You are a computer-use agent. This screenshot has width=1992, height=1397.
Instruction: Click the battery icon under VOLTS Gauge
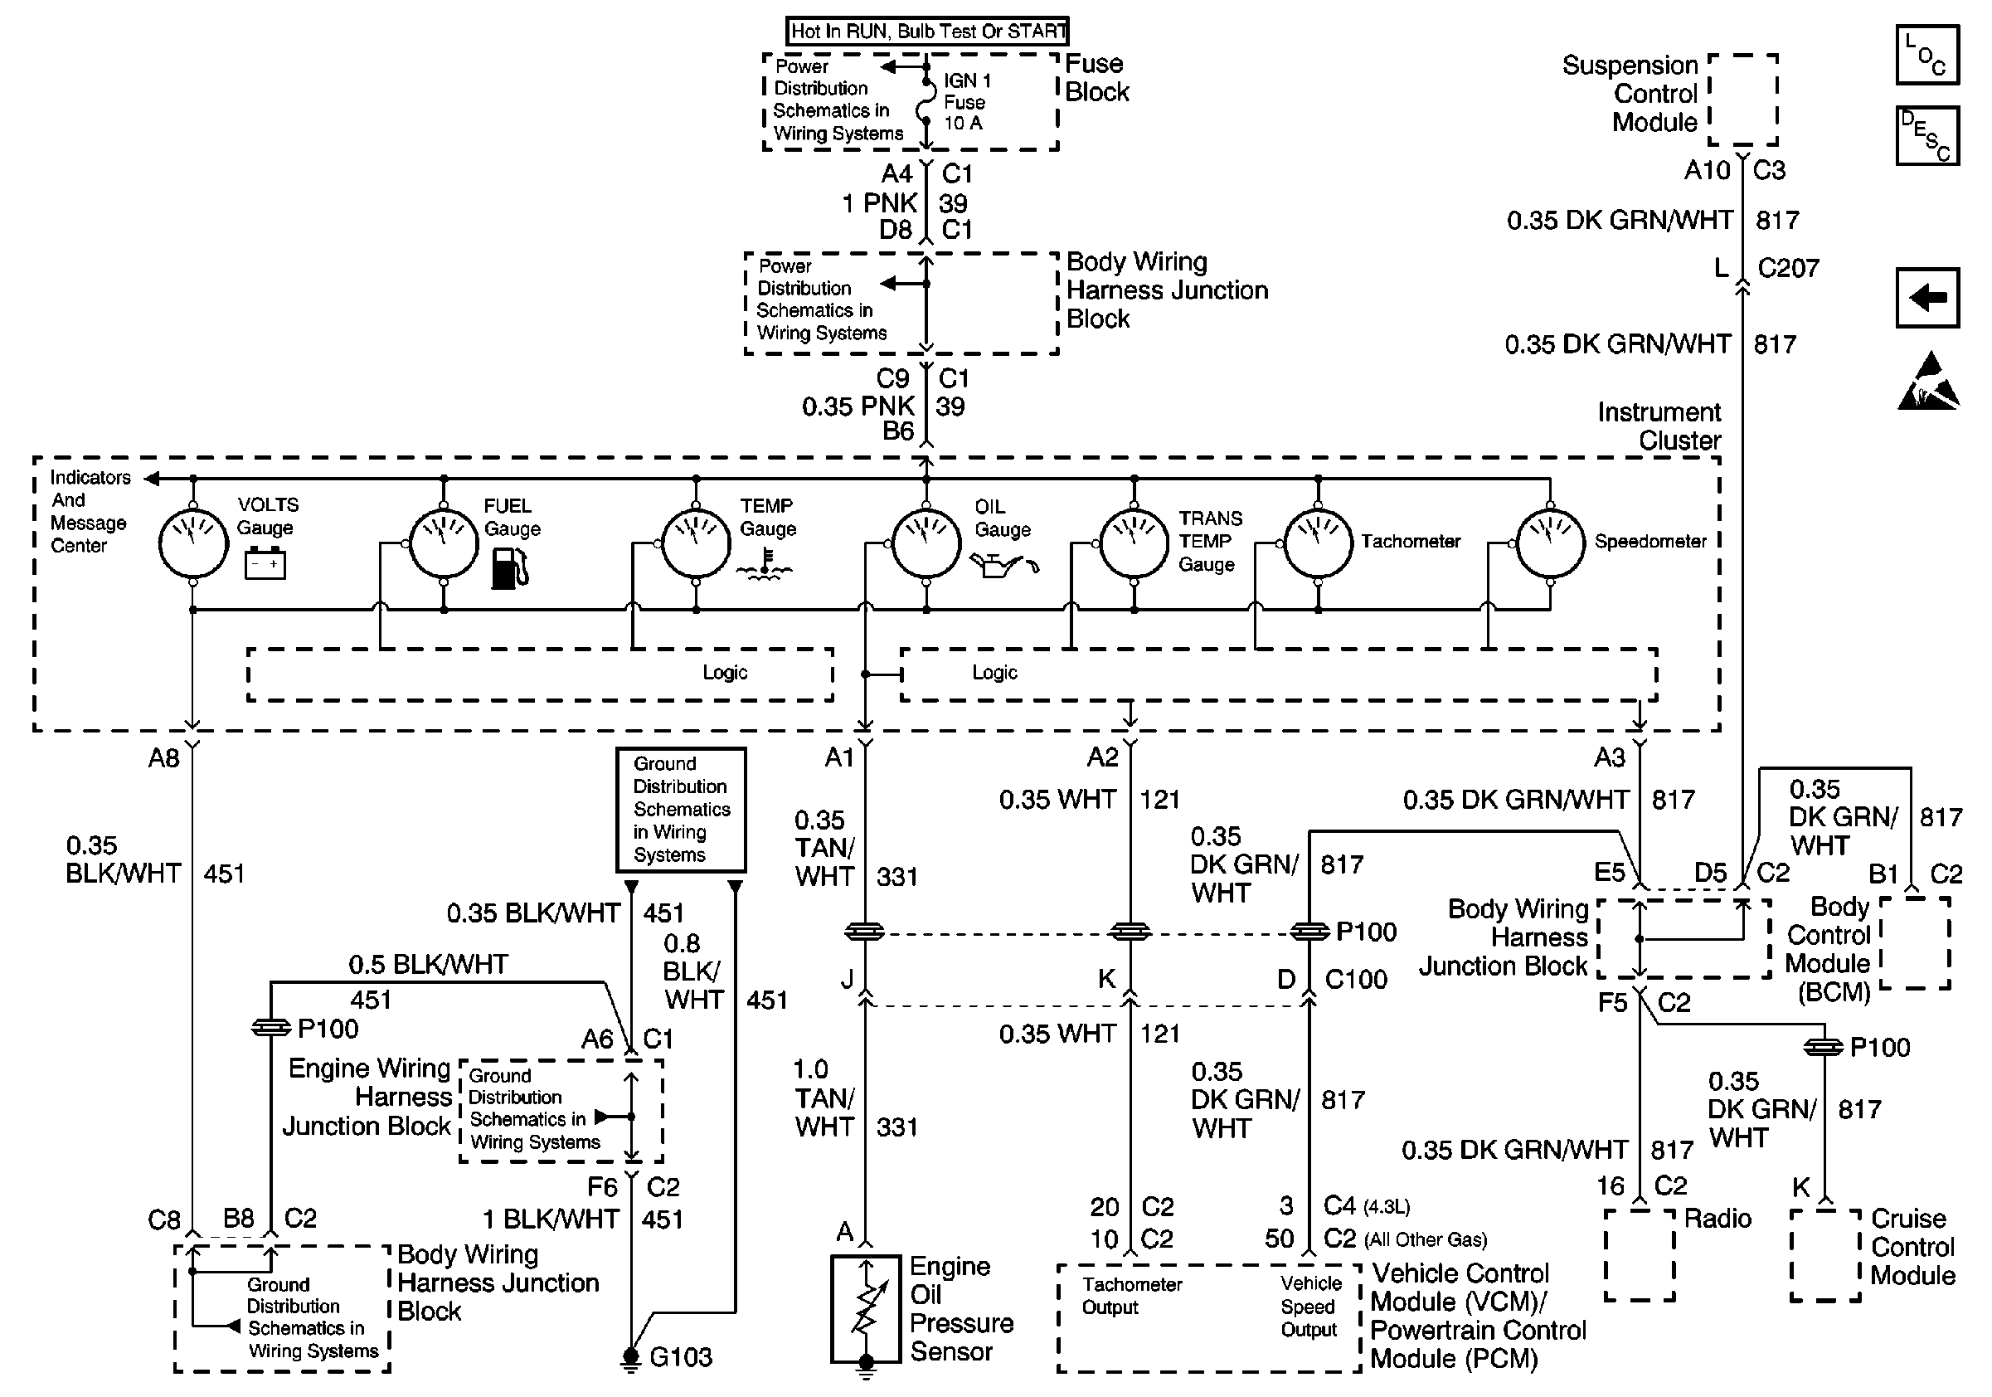pyautogui.click(x=265, y=563)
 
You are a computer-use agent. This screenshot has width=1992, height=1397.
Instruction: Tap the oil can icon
pyautogui.click(x=1003, y=565)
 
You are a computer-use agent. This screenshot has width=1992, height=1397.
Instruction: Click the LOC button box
pyautogui.click(x=1927, y=55)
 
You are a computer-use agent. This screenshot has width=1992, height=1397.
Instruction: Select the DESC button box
pyautogui.click(x=1927, y=135)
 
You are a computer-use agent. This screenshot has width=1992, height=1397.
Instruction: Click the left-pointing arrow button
pyautogui.click(x=1927, y=298)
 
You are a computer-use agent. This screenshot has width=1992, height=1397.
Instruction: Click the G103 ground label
pyautogui.click(x=681, y=1357)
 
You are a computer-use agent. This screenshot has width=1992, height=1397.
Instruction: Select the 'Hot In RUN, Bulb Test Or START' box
pyautogui.click(x=927, y=32)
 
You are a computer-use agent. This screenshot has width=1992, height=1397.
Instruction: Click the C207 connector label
pyautogui.click(x=1788, y=268)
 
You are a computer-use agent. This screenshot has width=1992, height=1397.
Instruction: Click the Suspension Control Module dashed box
pyautogui.click(x=1743, y=100)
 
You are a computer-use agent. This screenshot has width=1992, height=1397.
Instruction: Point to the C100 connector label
pyautogui.click(x=1356, y=980)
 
